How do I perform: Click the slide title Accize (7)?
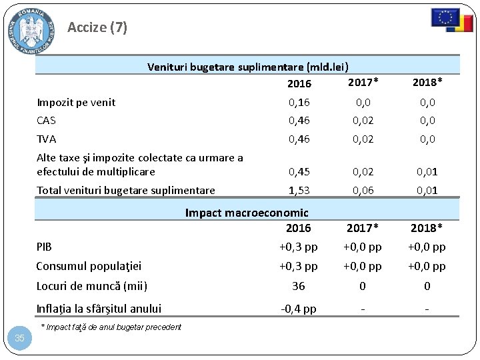pyautogui.click(x=97, y=27)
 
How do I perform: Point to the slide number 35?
pyautogui.click(x=19, y=338)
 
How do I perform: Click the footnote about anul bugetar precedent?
pyautogui.click(x=111, y=327)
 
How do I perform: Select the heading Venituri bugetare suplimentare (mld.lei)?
pyautogui.click(x=248, y=67)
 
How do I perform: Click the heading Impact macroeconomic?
pyautogui.click(x=247, y=213)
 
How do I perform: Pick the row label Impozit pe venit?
pyautogui.click(x=76, y=102)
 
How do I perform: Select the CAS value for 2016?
pyautogui.click(x=299, y=121)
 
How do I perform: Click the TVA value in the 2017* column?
pyautogui.click(x=363, y=139)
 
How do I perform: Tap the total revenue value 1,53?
pyautogui.click(x=299, y=190)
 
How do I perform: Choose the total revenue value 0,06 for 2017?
pyautogui.click(x=363, y=190)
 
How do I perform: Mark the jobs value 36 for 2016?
pyautogui.click(x=299, y=286)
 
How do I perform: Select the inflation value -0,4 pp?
pyautogui.click(x=299, y=309)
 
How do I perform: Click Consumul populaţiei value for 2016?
pyautogui.click(x=299, y=266)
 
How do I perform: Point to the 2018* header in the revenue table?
pyautogui.click(x=427, y=82)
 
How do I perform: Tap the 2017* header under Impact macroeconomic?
pyautogui.click(x=363, y=228)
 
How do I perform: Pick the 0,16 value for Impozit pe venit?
pyautogui.click(x=299, y=102)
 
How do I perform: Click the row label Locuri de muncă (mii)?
pyautogui.click(x=91, y=286)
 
